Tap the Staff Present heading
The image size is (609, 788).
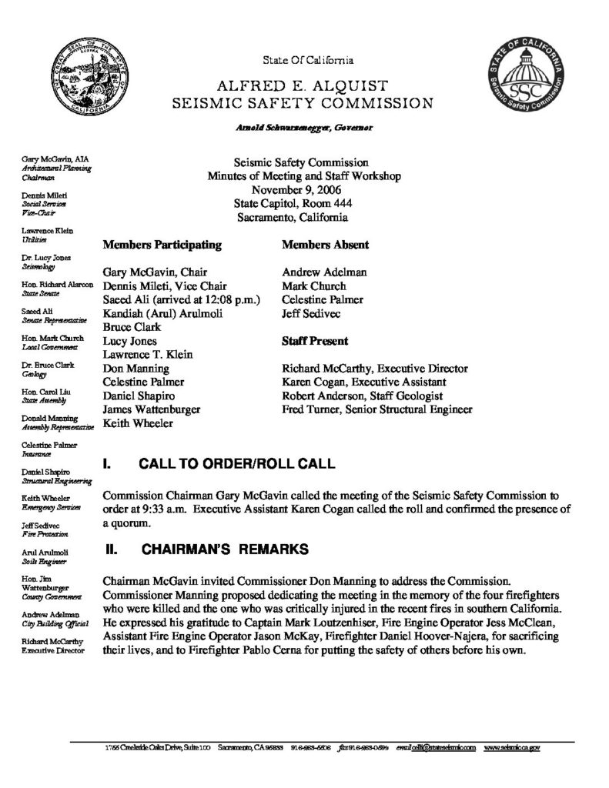coord(316,340)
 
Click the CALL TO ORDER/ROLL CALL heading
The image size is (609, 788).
coord(236,464)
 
